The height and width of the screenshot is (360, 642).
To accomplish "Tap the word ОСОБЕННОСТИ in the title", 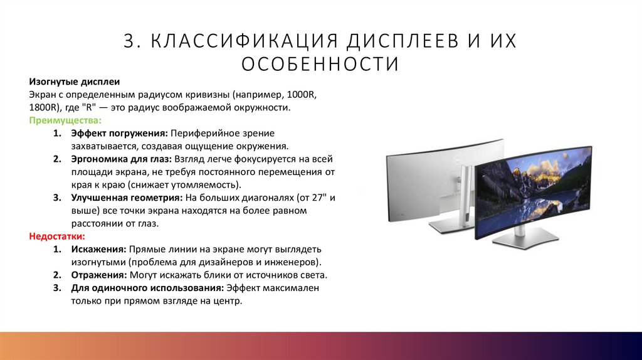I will point(320,64).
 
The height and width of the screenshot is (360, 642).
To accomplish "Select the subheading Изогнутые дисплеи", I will point(74,82).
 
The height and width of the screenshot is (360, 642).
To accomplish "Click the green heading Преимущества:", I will point(65,120).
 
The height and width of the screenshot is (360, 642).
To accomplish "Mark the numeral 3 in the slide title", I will point(130,41).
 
